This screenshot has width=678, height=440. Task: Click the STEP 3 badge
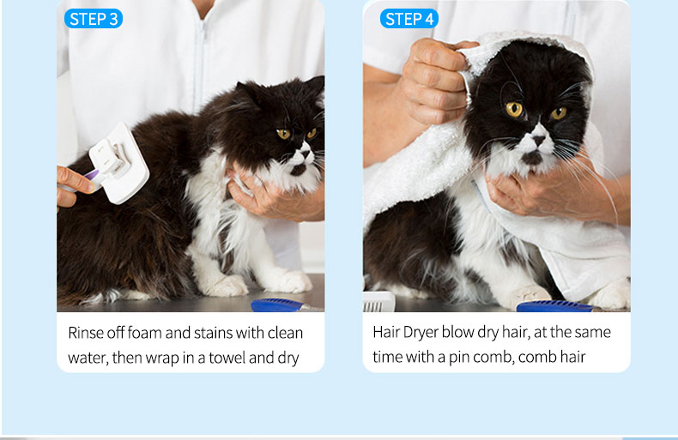pyautogui.click(x=94, y=19)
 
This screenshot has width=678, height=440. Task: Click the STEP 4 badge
pyautogui.click(x=409, y=19)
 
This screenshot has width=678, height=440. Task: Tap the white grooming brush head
pyautogui.click(x=119, y=163)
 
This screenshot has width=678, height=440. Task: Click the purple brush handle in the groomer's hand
pyautogui.click(x=92, y=176)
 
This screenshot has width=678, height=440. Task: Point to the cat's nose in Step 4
pyautogui.click(x=538, y=140)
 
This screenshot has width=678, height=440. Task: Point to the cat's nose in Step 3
pyautogui.click(x=306, y=153)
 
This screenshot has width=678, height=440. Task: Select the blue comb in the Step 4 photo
pyautogui.click(x=558, y=306)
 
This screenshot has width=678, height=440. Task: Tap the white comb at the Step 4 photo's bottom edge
pyautogui.click(x=379, y=302)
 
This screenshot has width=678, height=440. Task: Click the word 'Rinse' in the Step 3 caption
pyautogui.click(x=86, y=333)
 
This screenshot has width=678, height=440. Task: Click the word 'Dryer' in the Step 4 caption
pyautogui.click(x=421, y=333)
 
